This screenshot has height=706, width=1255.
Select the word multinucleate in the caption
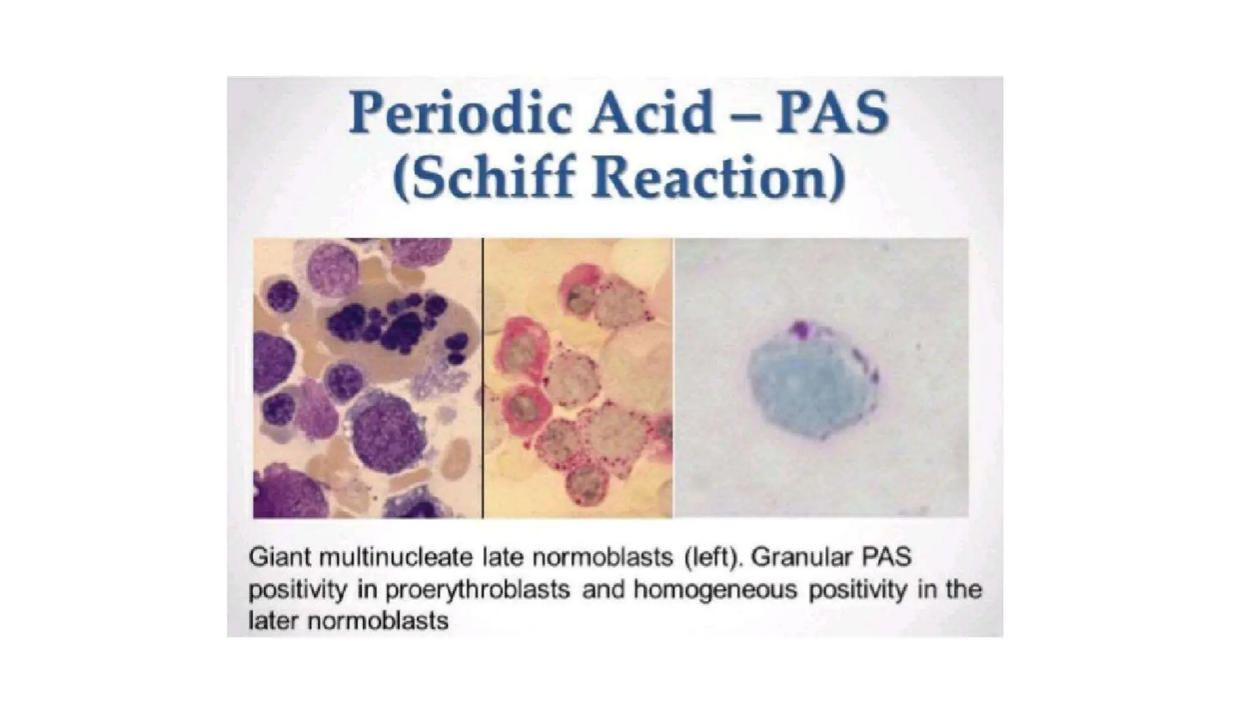click(x=396, y=558)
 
